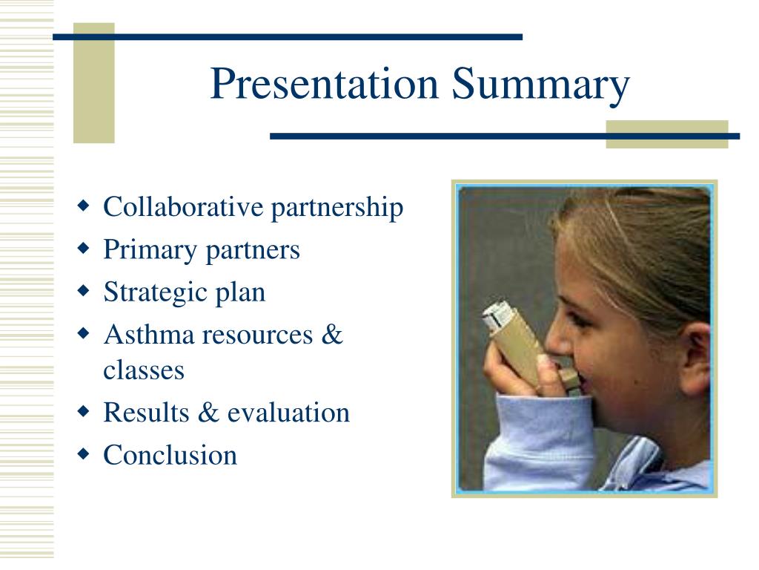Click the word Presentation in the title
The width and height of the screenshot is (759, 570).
pos(325,83)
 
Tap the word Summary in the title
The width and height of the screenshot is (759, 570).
pos(540,85)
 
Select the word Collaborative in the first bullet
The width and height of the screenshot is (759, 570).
pos(183,207)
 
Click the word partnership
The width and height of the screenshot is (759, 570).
pos(337,209)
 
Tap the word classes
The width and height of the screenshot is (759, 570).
pos(144,371)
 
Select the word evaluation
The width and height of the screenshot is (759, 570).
pos(288,413)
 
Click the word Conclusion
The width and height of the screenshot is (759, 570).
pos(170,455)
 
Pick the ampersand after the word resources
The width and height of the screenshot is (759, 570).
pos(331,335)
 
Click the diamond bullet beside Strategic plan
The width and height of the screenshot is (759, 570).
pos(83,291)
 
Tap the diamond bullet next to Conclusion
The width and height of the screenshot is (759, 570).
pos(83,454)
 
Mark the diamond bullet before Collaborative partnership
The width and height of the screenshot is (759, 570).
pos(83,206)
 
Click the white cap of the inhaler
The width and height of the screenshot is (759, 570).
pos(497,316)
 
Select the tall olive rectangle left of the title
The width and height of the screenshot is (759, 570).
pos(94,83)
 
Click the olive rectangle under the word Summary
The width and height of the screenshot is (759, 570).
pos(667,134)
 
